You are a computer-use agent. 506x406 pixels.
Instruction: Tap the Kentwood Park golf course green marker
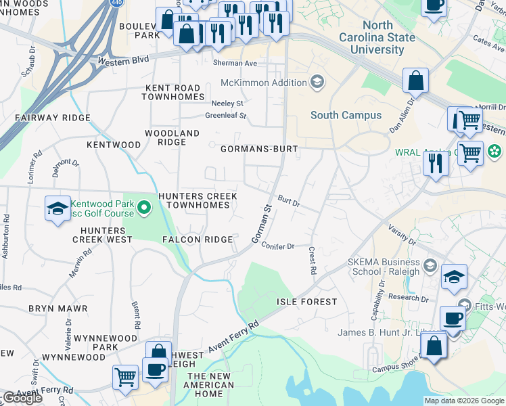pos(143,207)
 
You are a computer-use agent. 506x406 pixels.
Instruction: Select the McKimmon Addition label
pos(264,83)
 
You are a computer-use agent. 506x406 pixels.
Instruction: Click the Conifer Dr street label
pos(278,246)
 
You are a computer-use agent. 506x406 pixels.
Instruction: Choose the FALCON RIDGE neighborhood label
pos(198,240)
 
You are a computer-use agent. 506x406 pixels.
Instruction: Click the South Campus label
pos(346,116)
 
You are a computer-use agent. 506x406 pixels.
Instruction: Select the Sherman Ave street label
pos(235,63)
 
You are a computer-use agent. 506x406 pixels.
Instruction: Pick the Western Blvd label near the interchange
pos(123,62)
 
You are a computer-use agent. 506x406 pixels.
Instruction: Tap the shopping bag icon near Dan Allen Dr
pos(415,81)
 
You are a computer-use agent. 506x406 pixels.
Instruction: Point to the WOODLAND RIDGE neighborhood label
pos(172,138)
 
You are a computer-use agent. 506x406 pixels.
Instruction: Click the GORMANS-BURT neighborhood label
pos(259,148)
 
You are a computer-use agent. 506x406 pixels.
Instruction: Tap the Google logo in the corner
pos(22,398)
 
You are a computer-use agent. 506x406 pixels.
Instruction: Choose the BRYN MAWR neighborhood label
pos(58,309)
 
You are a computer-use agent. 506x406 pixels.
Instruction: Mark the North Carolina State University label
pos(377,37)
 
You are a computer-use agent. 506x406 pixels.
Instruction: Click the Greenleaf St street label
pos(226,116)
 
